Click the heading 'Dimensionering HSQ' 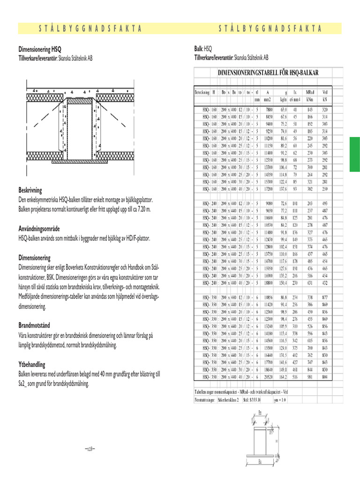(39, 49)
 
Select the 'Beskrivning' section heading (30, 190)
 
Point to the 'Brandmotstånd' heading (34, 325)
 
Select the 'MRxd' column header (309, 92)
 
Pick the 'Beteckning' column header (202, 92)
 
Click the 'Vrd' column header (324, 92)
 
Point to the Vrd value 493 (324, 203)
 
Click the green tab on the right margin (355, 153)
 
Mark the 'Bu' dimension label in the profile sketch (259, 462)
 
